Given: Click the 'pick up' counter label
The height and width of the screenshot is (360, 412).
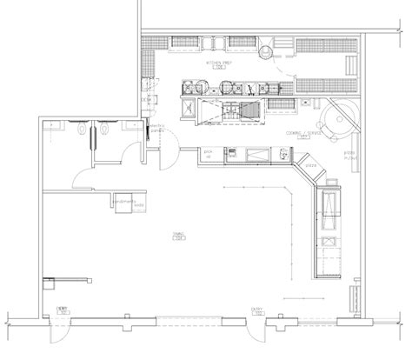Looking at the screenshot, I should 209,153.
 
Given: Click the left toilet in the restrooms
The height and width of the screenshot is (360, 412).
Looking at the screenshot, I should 81,130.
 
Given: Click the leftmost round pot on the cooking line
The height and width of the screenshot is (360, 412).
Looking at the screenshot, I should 189,85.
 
